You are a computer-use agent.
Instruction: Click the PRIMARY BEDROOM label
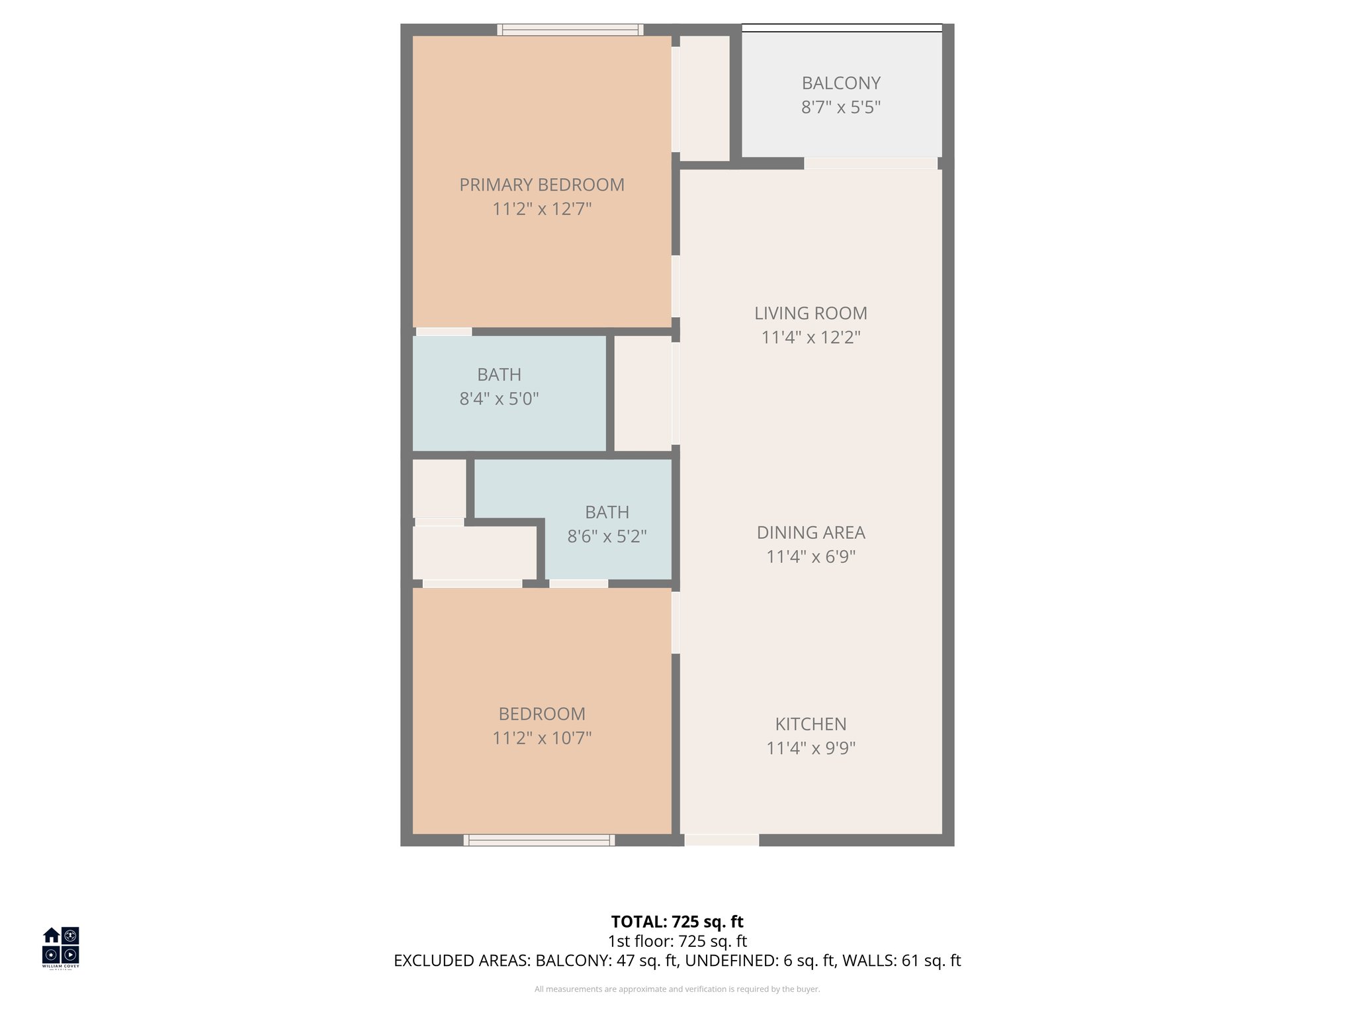(542, 185)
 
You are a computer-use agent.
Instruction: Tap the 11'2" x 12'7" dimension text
(542, 209)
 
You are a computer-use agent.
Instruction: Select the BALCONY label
(841, 83)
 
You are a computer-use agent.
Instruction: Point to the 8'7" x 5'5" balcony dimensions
(841, 107)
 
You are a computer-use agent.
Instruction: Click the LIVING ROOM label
(810, 313)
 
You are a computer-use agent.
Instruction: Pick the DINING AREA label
(810, 532)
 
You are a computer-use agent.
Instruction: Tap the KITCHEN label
(810, 724)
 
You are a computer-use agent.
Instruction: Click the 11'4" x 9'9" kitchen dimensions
(810, 748)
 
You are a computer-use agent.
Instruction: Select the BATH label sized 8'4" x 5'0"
(499, 375)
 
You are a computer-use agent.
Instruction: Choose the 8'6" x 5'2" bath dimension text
(607, 536)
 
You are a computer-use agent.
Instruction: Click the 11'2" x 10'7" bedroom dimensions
(542, 738)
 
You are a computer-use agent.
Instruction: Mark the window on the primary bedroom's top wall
(570, 30)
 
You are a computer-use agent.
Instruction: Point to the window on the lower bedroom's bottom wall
(539, 840)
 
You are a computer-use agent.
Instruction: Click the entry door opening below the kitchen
(721, 840)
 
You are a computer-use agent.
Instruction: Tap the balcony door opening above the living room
(870, 164)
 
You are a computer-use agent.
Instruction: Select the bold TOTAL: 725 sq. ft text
(677, 922)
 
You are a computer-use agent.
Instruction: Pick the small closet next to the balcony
(704, 97)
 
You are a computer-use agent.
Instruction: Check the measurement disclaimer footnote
(677, 989)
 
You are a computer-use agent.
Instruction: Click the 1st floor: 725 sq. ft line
(677, 941)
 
